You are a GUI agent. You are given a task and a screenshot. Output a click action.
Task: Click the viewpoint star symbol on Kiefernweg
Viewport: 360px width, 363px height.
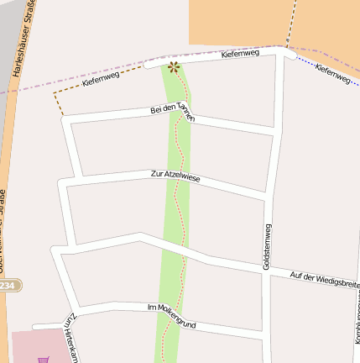coord(174,66)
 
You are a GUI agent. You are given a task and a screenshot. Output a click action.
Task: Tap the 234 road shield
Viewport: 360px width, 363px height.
coord(8,287)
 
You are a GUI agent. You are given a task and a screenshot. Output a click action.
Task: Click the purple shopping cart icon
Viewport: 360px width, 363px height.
coord(43,359)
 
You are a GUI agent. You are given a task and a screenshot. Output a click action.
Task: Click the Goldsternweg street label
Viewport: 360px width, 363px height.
coord(267,246)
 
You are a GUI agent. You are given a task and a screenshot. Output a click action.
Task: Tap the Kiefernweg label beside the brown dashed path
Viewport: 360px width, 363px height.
coord(101,81)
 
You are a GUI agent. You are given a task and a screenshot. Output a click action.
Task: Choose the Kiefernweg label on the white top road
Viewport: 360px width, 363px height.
coord(241,54)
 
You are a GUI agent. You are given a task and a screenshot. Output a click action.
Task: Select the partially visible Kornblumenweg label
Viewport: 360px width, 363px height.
coord(357,319)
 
